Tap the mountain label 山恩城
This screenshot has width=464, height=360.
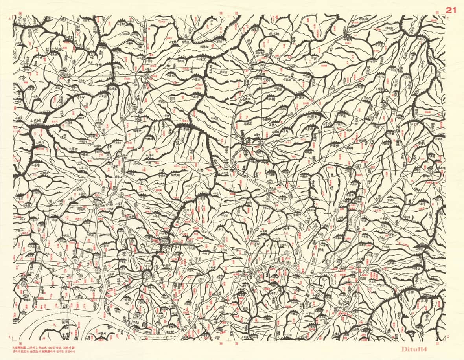point(38,121)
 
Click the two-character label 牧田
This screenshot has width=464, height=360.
point(348,129)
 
